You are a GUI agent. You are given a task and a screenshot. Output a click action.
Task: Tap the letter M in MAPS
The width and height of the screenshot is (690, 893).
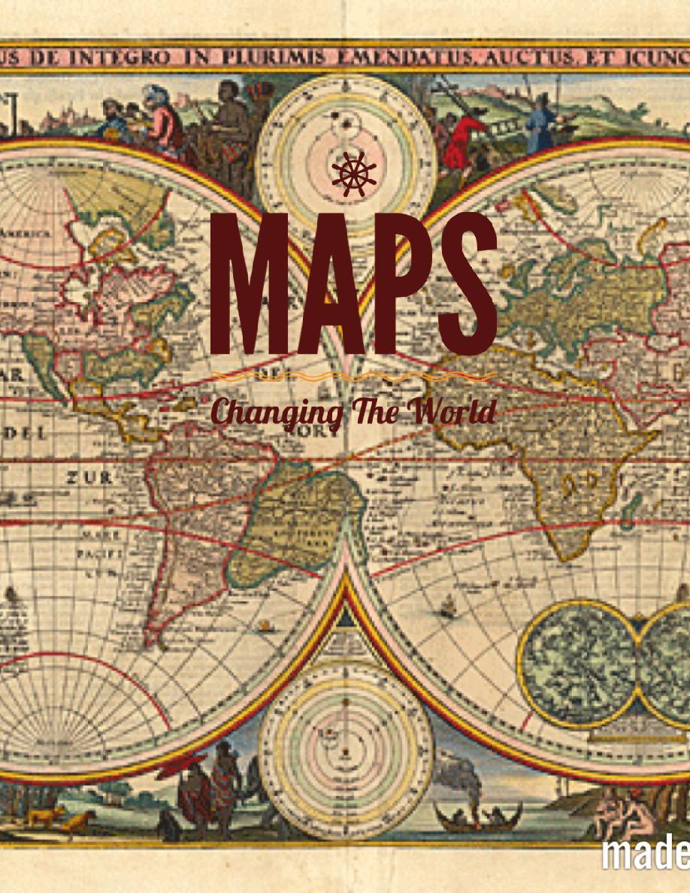[x=247, y=283]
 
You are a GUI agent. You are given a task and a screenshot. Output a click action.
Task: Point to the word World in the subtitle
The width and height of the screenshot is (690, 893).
[x=455, y=411]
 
